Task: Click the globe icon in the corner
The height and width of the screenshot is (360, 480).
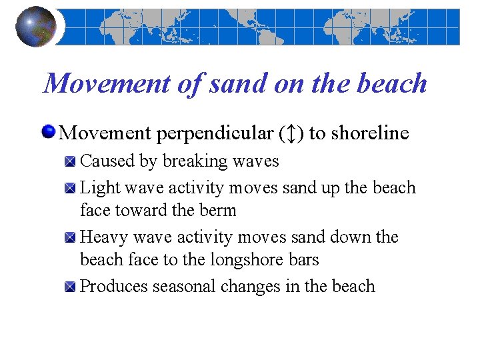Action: tap(36, 26)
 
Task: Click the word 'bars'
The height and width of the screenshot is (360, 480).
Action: tap(302, 260)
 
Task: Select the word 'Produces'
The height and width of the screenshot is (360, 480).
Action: tap(113, 287)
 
